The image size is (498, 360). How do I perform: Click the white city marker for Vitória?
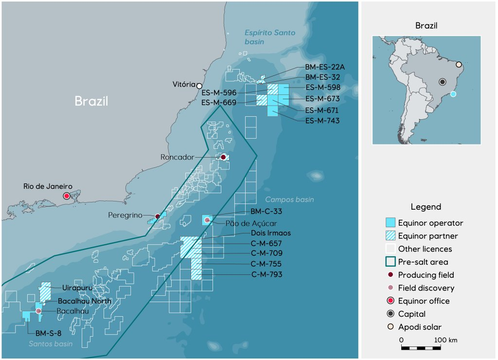[x=199, y=86]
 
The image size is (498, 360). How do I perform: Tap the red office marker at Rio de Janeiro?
[x=67, y=196]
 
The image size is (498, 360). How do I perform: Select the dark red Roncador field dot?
[x=223, y=157]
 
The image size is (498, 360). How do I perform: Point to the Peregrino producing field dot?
[x=157, y=216]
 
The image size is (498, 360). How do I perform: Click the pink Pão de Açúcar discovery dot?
[x=207, y=220]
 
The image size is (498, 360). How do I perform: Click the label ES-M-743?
[x=322, y=121]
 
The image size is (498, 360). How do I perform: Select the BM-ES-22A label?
[x=324, y=67]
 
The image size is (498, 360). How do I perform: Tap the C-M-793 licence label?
[x=267, y=275]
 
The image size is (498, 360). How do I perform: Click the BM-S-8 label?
[x=47, y=334]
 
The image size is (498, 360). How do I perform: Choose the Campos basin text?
[x=289, y=199]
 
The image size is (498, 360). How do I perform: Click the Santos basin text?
[x=51, y=344]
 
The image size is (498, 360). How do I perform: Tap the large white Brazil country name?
[x=91, y=101]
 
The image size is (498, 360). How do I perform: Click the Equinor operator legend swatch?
[x=390, y=223]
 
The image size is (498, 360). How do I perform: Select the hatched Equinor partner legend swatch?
[x=390, y=236]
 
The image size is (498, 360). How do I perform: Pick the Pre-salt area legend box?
[x=390, y=262]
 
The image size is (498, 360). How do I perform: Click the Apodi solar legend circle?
[x=390, y=327]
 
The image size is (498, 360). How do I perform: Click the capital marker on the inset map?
[x=442, y=82]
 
